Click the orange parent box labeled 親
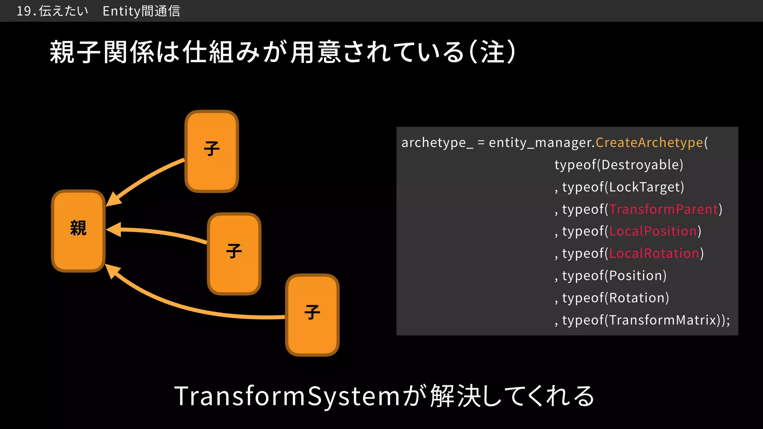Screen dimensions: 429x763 78,231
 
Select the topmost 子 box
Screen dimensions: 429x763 212,151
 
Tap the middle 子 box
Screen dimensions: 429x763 234,254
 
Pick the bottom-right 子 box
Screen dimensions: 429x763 312,315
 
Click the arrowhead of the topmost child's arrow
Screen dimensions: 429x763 113,200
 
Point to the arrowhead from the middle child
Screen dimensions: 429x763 114,230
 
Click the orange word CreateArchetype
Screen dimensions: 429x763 649,143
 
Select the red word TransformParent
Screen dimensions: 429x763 664,209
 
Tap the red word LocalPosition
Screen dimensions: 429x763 653,231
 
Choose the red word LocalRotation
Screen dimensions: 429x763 654,254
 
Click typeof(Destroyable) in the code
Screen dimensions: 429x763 619,165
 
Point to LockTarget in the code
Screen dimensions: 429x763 645,187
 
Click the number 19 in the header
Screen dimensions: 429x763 24,11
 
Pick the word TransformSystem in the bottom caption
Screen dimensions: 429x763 287,396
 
